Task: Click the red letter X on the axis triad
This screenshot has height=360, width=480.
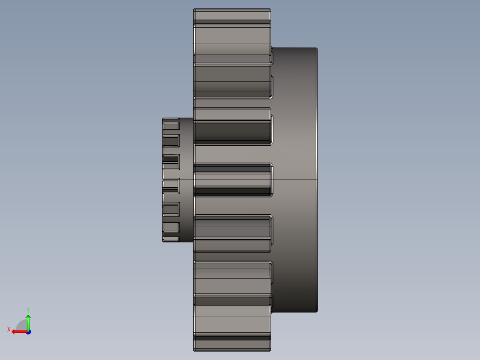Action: click(9, 329)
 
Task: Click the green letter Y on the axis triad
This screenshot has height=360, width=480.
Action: click(28, 309)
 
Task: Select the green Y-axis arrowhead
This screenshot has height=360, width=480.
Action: click(28, 317)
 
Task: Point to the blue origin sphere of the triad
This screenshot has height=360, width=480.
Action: click(28, 331)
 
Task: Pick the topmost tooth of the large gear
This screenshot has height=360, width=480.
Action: click(232, 15)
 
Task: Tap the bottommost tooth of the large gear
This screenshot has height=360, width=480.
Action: click(232, 343)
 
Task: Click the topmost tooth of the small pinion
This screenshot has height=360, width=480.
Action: click(171, 121)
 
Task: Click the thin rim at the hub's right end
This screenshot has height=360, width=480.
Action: click(317, 134)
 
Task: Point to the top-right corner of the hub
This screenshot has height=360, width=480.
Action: click(317, 48)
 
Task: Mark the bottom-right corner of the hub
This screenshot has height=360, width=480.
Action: click(317, 311)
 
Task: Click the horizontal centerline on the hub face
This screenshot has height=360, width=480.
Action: click(294, 180)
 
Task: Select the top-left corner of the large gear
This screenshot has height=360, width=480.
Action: click(194, 10)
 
